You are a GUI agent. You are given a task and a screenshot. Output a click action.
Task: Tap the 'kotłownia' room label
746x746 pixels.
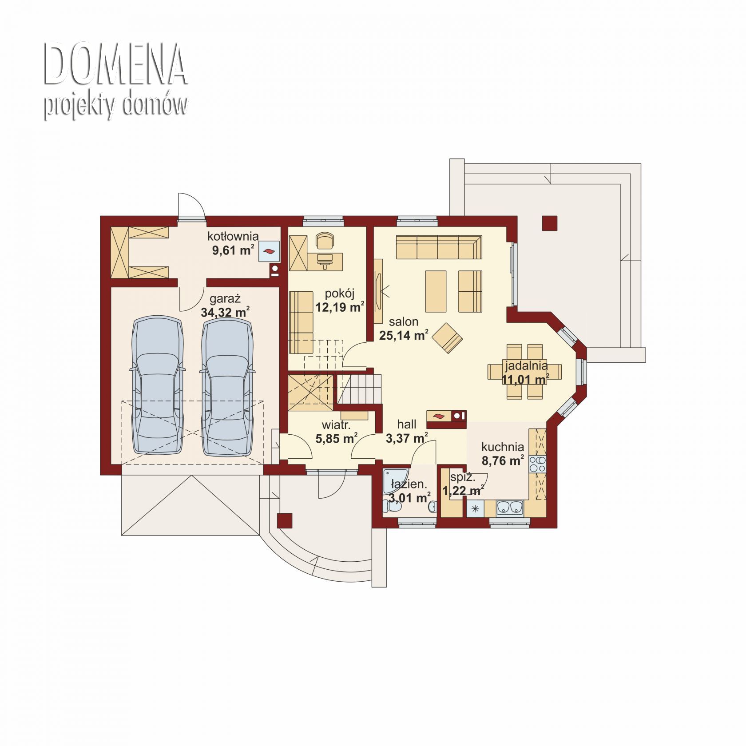click(x=233, y=236)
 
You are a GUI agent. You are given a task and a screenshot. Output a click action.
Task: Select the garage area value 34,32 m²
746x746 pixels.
click(x=225, y=313)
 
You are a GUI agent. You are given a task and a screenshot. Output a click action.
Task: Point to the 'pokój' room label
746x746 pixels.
click(x=339, y=294)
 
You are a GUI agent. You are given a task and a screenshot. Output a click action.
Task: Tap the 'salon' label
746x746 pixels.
click(x=404, y=321)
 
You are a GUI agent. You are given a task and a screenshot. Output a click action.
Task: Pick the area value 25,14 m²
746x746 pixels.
click(x=404, y=335)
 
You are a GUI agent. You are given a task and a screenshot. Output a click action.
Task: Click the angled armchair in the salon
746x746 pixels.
click(x=448, y=338)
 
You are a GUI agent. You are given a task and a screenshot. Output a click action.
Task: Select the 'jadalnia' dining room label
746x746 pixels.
click(x=526, y=366)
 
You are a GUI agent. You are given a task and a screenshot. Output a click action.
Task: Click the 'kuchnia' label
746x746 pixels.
click(x=503, y=447)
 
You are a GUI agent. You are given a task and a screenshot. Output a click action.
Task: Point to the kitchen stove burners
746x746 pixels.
click(x=537, y=464)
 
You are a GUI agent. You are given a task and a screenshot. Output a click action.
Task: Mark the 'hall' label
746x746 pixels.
click(x=407, y=424)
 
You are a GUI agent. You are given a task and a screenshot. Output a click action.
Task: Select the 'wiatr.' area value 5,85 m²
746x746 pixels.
click(x=337, y=439)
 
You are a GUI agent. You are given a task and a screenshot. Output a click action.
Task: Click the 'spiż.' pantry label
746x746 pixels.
click(x=463, y=478)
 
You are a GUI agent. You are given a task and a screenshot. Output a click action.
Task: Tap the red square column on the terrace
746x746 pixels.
click(x=550, y=223)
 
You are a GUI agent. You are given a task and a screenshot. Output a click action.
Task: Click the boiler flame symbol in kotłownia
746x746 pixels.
click(x=269, y=252)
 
